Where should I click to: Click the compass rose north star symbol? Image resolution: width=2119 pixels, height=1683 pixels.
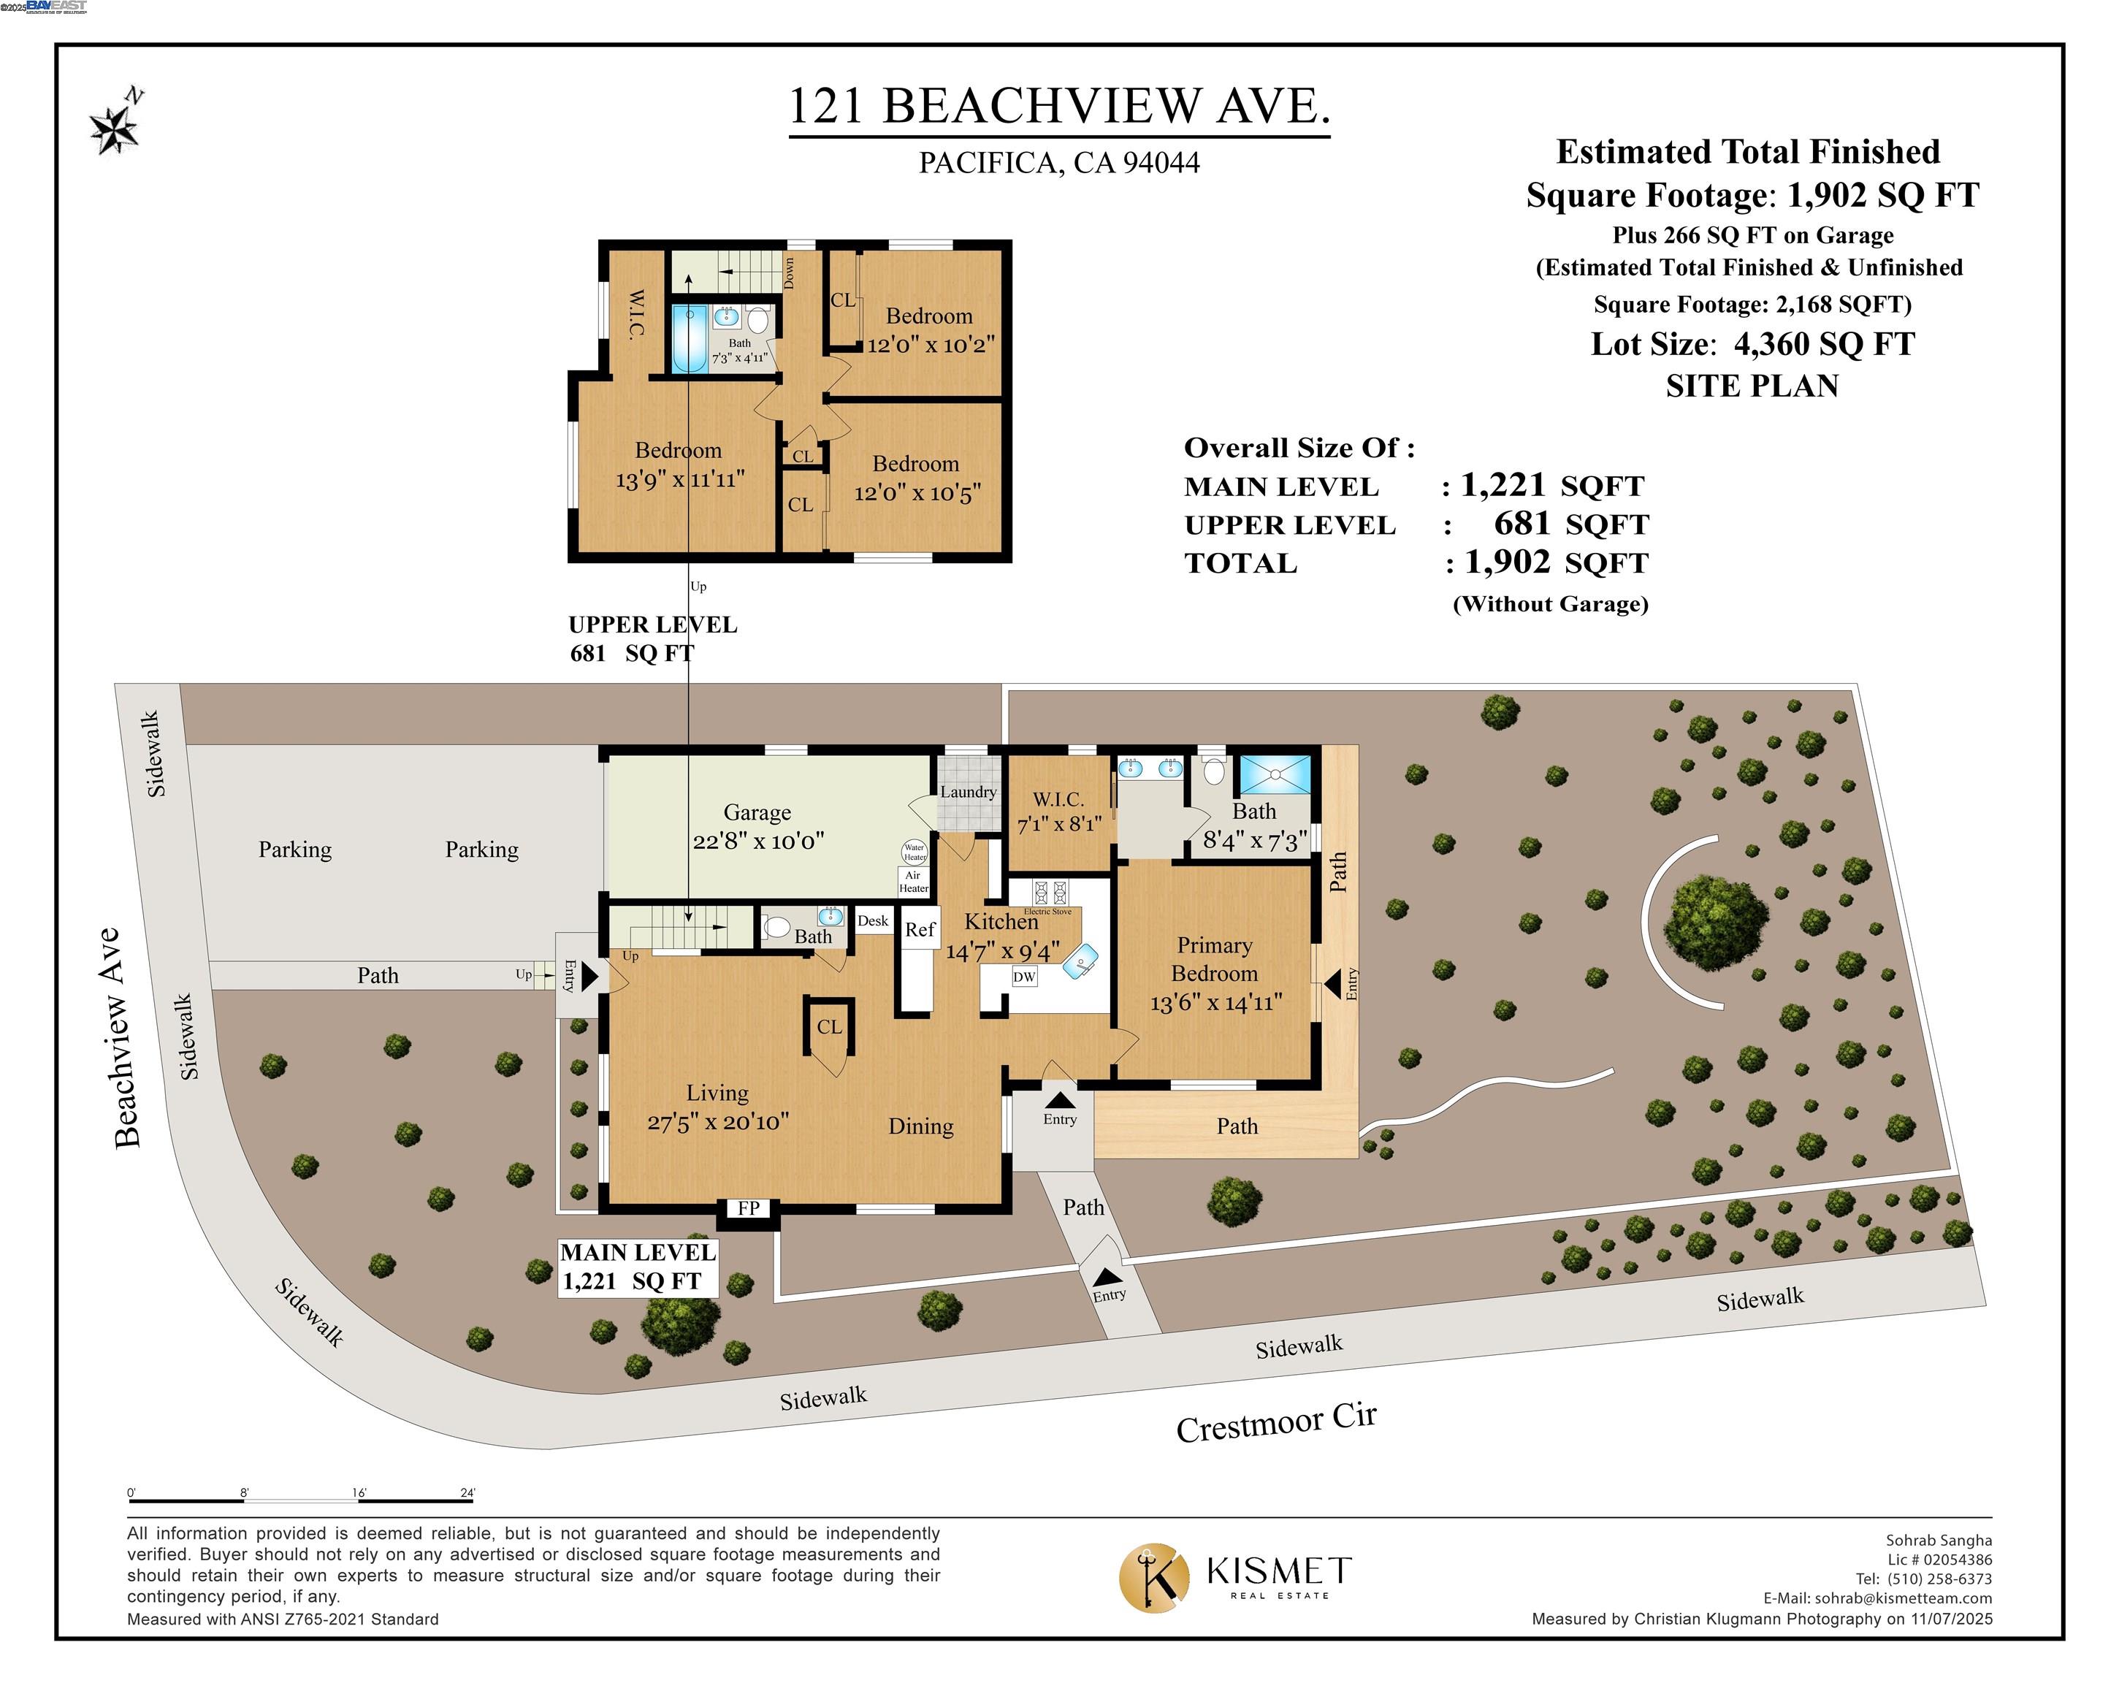[x=114, y=128]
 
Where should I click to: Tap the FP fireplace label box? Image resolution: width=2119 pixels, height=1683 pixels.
[x=749, y=1208]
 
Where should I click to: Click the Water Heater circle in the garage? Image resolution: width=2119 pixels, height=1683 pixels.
[x=914, y=851]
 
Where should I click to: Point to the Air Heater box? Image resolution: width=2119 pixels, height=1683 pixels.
[x=913, y=882]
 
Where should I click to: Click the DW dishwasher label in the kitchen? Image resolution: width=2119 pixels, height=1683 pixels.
[x=1024, y=976]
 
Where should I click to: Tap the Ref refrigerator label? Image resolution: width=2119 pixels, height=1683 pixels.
[x=920, y=929]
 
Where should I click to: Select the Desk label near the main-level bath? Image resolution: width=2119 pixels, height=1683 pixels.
[x=873, y=921]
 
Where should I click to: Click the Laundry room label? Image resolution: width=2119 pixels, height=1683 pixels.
[x=968, y=791]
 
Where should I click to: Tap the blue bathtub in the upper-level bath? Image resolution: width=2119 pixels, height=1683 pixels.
[x=689, y=338]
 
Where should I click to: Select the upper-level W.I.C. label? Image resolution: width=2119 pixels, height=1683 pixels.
[x=636, y=313]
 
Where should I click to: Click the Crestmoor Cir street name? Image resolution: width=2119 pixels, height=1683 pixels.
[x=1276, y=1421]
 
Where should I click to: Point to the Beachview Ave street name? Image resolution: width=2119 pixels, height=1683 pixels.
[x=128, y=1037]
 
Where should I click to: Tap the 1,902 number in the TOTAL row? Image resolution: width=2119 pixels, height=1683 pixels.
[x=1507, y=562]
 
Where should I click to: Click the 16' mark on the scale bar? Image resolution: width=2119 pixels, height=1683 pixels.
[x=359, y=1493]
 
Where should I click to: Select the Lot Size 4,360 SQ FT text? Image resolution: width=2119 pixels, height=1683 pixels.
[x=1752, y=344]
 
